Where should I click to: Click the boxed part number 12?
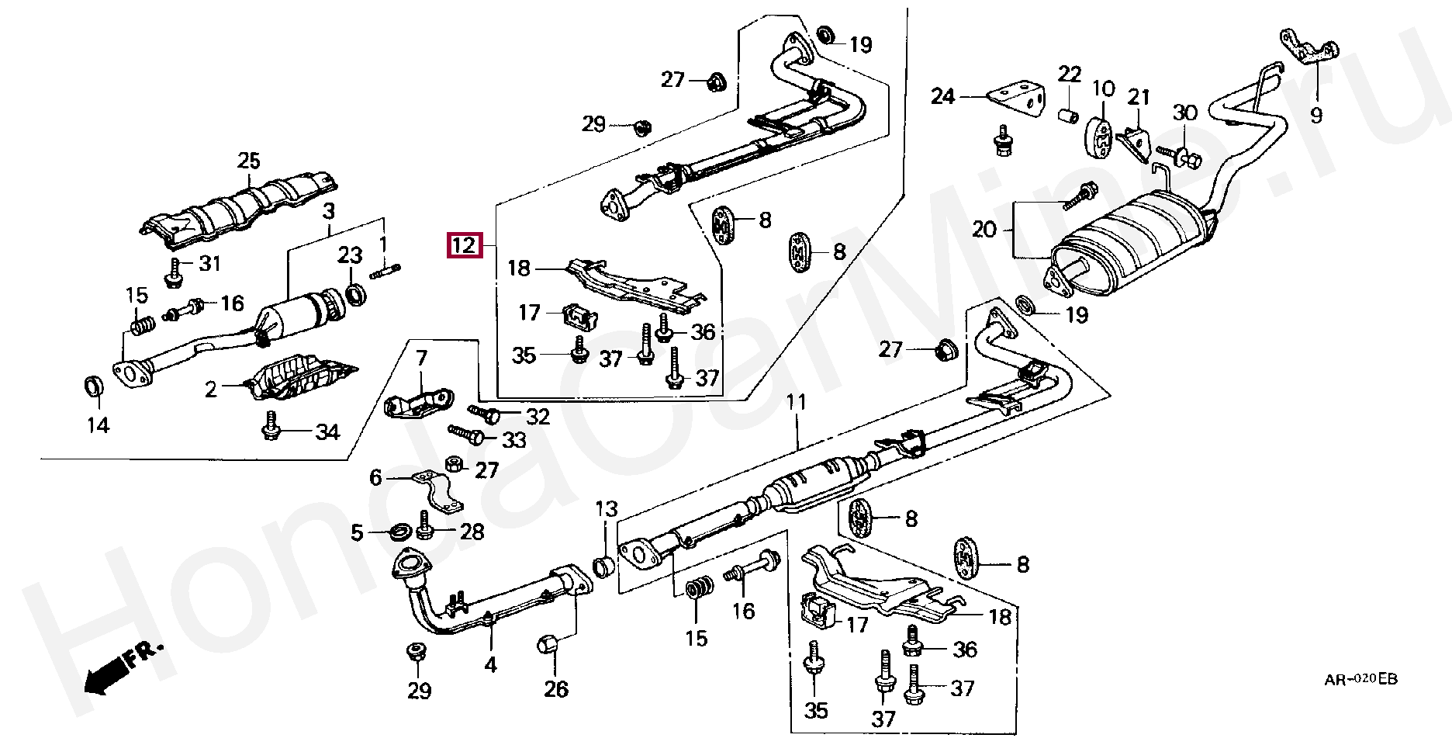465,245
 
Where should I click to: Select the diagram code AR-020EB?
1360,680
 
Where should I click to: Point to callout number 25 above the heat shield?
249,161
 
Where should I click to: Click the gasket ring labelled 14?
93,386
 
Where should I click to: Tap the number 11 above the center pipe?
797,402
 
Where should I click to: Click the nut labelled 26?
549,644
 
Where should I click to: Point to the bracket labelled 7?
419,403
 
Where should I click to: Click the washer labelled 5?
400,532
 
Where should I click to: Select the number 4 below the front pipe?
490,665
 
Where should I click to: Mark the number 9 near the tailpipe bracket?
1316,116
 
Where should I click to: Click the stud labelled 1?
385,272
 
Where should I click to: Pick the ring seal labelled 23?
356,295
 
